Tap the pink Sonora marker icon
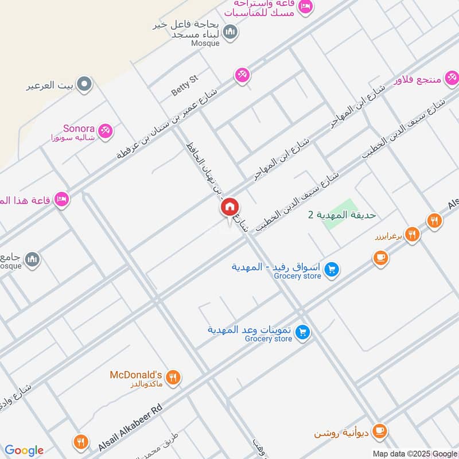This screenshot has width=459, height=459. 104,131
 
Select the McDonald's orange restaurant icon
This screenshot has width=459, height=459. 173,377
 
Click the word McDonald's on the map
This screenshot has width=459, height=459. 137,375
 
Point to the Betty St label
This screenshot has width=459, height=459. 184,87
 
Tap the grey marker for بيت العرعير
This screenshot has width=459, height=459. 85,85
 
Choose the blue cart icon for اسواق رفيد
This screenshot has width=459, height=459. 331,269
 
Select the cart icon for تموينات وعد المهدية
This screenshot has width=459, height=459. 304,332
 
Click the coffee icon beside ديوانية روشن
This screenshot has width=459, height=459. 380,431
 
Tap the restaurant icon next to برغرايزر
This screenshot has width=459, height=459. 411,234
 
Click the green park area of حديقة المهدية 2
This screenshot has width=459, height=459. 340,215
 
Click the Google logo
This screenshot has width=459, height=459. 24,450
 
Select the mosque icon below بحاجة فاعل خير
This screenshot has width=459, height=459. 231,32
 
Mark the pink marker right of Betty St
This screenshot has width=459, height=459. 242,75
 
